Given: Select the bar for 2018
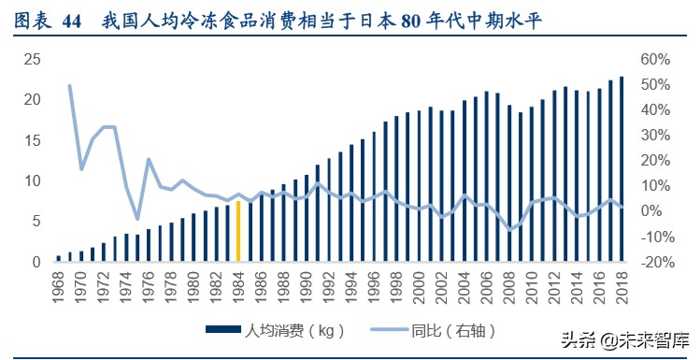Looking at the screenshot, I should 621,169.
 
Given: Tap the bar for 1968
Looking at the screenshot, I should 59,258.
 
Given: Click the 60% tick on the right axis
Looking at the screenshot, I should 656,59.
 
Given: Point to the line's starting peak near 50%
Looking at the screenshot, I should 70,86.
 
